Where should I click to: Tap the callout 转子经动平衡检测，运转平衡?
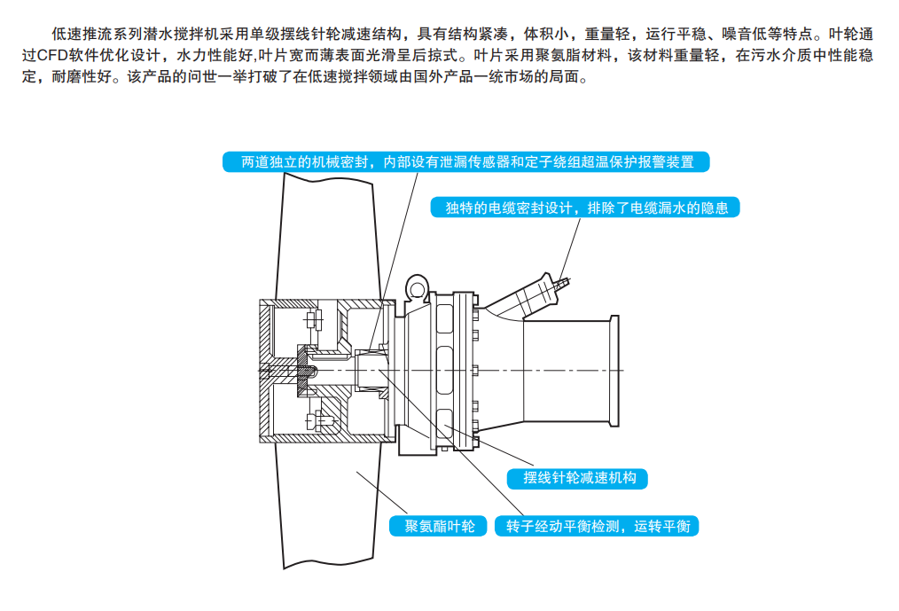(598, 526)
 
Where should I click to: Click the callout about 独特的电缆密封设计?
(586, 208)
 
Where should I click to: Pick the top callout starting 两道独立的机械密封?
(466, 162)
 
